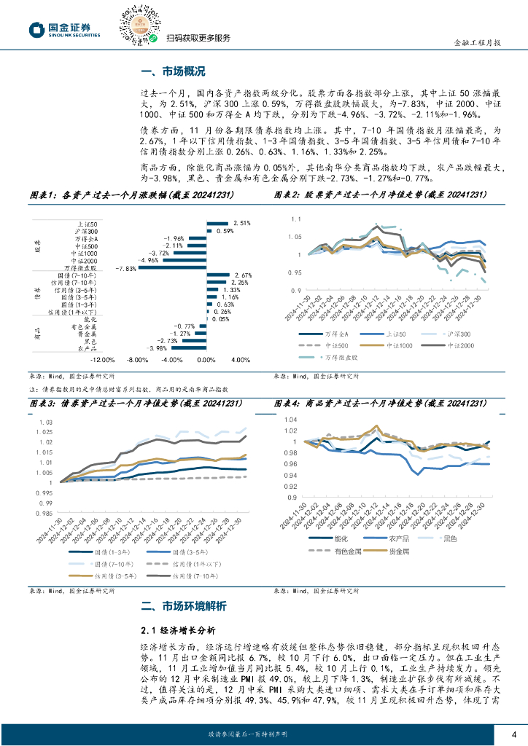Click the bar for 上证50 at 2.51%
point(218,223)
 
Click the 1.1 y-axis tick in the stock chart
point(295,219)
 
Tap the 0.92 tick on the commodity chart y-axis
point(291,486)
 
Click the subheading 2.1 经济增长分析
point(178,630)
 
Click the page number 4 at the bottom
point(514,733)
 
